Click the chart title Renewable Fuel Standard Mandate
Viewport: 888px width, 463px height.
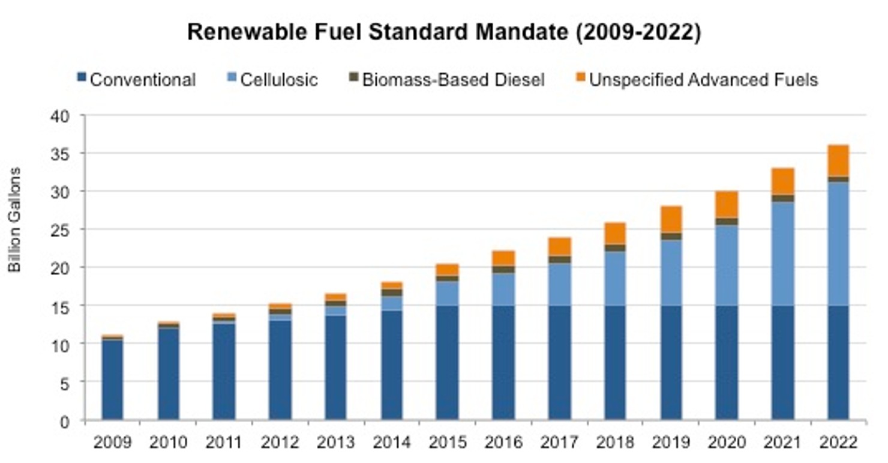pos(443,32)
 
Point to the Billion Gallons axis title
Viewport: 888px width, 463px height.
pos(15,220)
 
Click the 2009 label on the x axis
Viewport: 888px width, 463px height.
pos(112,443)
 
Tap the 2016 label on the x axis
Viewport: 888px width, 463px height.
pos(503,443)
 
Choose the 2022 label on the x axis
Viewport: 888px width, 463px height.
pos(838,443)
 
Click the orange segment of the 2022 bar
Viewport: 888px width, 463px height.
pos(838,160)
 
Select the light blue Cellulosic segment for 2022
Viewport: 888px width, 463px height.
pos(838,243)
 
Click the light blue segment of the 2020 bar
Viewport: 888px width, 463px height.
pos(727,265)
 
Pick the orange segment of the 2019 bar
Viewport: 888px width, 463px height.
pos(671,219)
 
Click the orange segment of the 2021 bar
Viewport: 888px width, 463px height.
pos(782,181)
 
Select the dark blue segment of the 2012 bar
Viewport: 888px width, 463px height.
pos(280,369)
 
